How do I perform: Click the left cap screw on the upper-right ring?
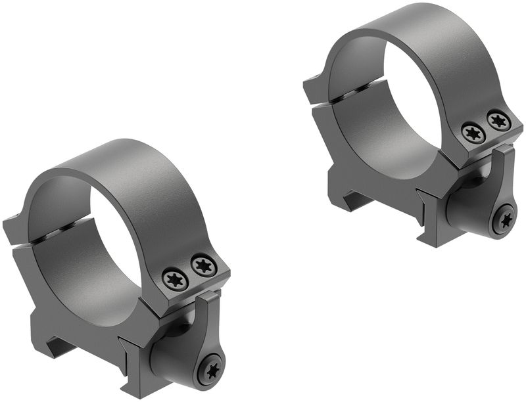coord(473,133)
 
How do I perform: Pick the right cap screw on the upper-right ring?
coord(498,120)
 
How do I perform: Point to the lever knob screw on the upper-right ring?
coord(504,220)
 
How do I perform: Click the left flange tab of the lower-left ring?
coord(16,227)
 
